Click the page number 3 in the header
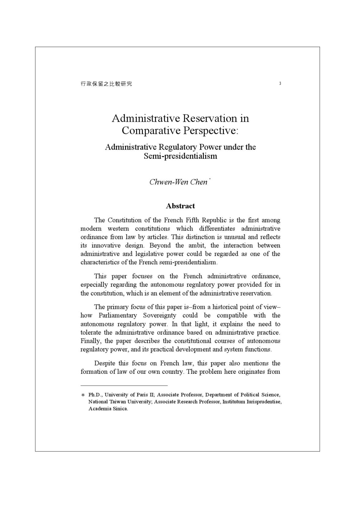(280, 84)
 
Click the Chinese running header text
(106, 84)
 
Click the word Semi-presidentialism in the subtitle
(180, 156)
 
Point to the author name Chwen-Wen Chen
(178, 182)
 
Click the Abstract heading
(180, 206)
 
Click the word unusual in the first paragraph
(236, 237)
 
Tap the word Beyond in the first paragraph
(160, 245)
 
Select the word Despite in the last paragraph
(105, 363)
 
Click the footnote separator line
(124, 385)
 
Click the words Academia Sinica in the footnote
(108, 409)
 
